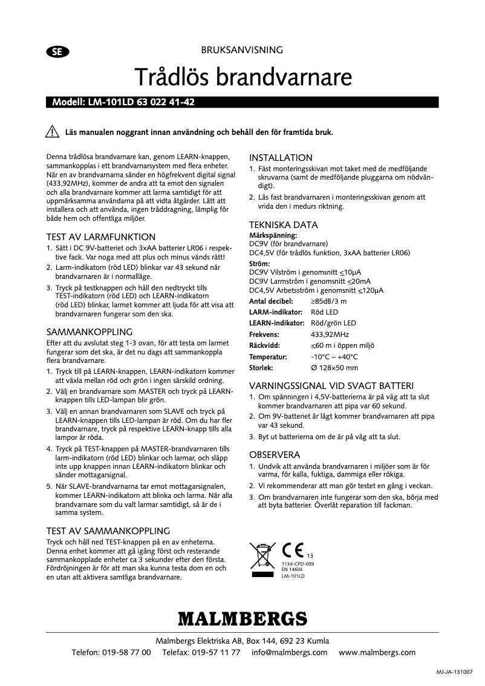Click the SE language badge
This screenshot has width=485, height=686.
pos(56,51)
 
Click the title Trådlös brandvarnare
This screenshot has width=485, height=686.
pos(242,77)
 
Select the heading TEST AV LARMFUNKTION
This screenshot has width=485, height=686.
pos(101,237)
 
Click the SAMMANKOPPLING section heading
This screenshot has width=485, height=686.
pos(90,332)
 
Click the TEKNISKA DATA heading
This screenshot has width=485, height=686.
pos(284,225)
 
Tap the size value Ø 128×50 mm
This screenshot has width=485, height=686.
pos(334,367)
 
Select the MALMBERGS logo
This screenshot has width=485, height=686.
pos(242,619)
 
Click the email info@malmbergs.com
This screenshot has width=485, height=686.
pos(290,653)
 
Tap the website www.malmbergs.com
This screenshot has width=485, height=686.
pos(377,653)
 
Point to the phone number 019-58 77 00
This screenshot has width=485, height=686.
pos(128,653)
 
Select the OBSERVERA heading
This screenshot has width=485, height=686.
pos(275,454)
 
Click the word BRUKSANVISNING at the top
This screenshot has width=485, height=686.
pos(242,51)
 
